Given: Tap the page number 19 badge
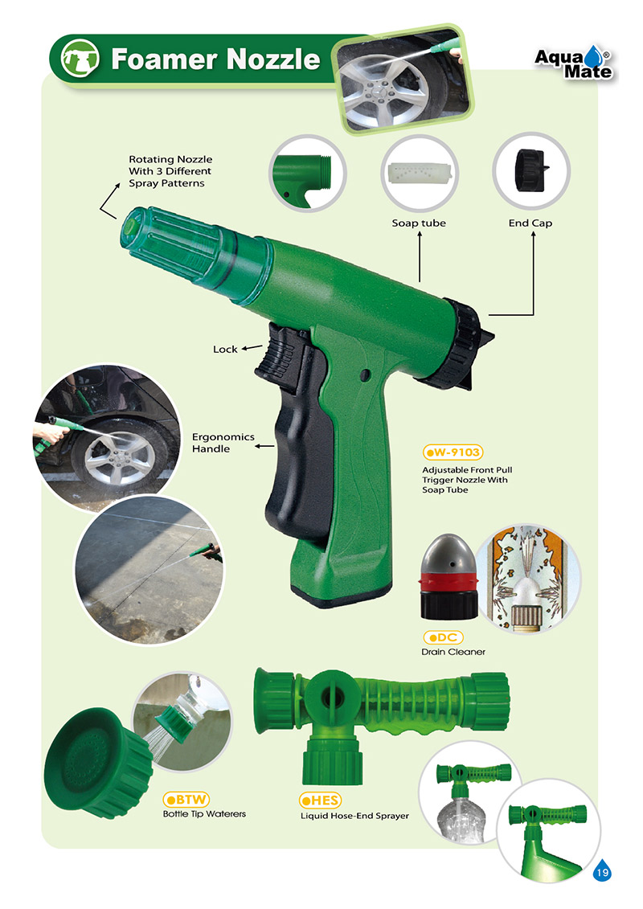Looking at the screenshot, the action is point(603,870).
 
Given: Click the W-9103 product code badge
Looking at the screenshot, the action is point(453,452).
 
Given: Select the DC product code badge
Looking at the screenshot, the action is point(443,637).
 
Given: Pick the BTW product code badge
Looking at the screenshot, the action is point(186,800).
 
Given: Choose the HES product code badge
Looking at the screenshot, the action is point(320,800).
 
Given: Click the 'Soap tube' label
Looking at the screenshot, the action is point(419,223).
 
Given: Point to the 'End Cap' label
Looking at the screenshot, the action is point(530,223).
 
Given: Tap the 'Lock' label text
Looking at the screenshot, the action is point(225,349).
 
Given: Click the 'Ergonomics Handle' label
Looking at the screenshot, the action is point(223,442).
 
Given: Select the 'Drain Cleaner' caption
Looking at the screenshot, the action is point(453,652).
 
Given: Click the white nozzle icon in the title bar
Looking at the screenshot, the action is point(80,59).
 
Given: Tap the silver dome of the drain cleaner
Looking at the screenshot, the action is point(448,555).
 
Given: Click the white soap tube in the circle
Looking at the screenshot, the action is point(420,172).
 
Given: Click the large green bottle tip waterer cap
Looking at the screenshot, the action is point(98,762).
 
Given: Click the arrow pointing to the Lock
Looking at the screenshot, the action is point(252,348).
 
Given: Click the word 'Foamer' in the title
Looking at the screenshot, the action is point(164,59).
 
